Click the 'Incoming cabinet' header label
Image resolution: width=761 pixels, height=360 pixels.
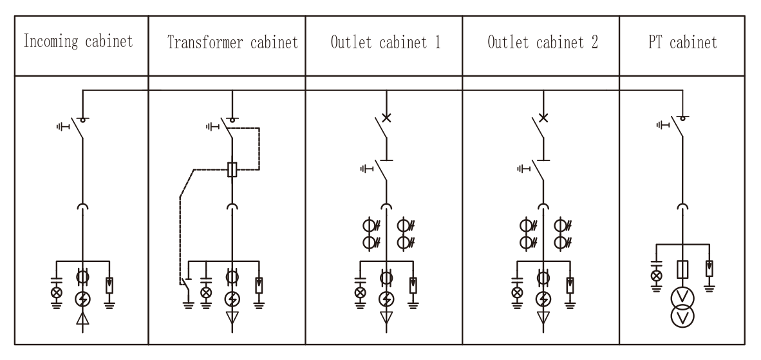(78, 43)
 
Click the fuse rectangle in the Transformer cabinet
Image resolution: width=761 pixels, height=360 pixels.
(232, 170)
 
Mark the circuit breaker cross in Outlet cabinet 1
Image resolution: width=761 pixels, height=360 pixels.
(386, 118)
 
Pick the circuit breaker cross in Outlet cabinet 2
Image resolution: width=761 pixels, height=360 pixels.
(543, 118)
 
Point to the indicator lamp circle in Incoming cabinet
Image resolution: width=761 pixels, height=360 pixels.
(56, 293)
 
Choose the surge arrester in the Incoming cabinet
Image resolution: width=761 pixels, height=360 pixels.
(109, 283)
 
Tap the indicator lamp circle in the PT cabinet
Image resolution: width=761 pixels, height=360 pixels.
(656, 275)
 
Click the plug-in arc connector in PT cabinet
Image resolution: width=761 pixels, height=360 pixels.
(682, 208)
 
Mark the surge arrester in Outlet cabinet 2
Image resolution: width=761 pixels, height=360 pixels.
(570, 283)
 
